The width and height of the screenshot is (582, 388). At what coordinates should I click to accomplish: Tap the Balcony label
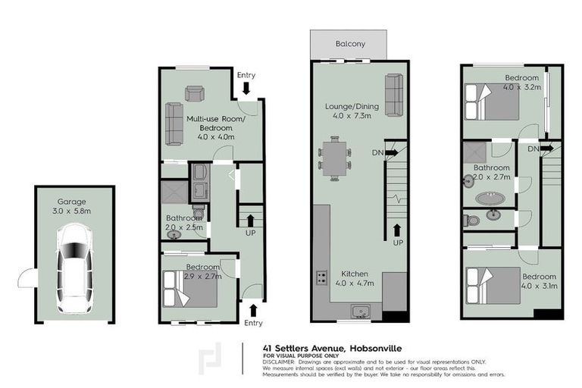point(350,44)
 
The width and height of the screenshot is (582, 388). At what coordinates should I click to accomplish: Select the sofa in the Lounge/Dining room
point(393,95)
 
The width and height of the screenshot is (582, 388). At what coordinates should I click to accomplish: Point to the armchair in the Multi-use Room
point(195,93)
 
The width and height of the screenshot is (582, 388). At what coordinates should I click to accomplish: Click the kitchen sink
point(359,311)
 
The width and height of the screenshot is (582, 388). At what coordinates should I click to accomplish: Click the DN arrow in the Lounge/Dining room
point(391,152)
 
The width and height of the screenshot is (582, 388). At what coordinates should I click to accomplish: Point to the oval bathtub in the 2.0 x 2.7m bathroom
point(490,199)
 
